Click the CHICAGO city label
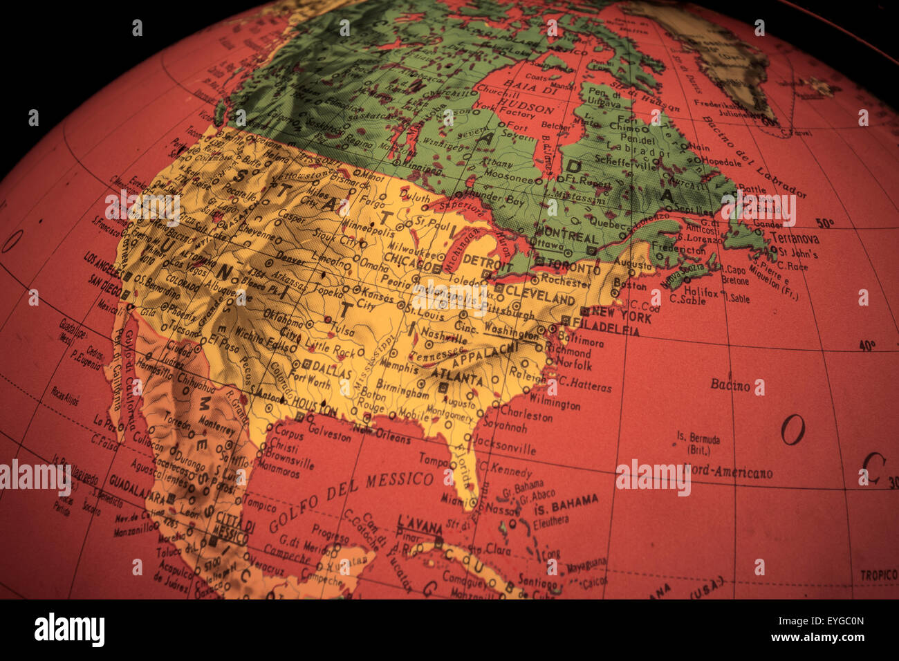(x=408, y=258)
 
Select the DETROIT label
(x=487, y=261)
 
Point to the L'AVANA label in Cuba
(x=420, y=525)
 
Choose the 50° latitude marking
(x=824, y=223)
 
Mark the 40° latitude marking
(x=866, y=345)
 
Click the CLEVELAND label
(x=540, y=296)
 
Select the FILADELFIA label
(x=606, y=328)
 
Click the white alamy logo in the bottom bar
(x=69, y=630)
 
